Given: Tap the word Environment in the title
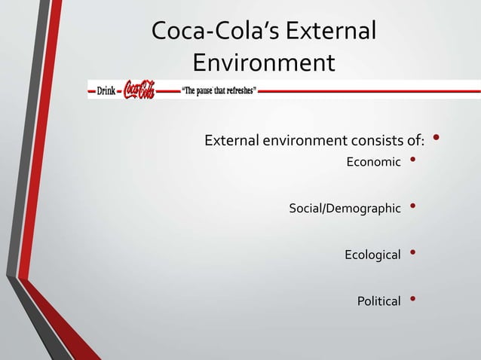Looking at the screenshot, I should point(263,63).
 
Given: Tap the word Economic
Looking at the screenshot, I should point(373,162).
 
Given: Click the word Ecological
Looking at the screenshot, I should point(372,255).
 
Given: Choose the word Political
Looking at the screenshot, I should point(379,301).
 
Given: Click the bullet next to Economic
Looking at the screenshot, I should point(412,160).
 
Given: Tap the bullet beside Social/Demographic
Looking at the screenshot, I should point(412,206).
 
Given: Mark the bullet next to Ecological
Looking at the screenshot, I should point(412,252).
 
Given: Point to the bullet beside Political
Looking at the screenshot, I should point(412,299).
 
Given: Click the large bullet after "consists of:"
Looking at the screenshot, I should point(437,138).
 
